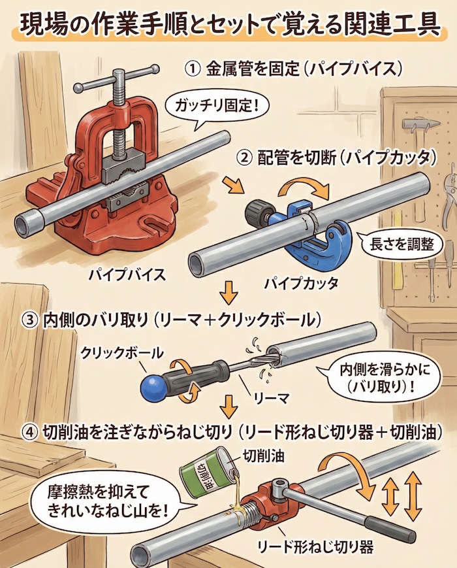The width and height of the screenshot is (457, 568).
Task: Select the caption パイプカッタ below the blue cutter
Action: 301,283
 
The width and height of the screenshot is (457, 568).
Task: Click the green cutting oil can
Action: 208,472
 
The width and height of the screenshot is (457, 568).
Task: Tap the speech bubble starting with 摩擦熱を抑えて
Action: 108,501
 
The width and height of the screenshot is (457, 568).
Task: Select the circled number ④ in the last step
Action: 32,432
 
